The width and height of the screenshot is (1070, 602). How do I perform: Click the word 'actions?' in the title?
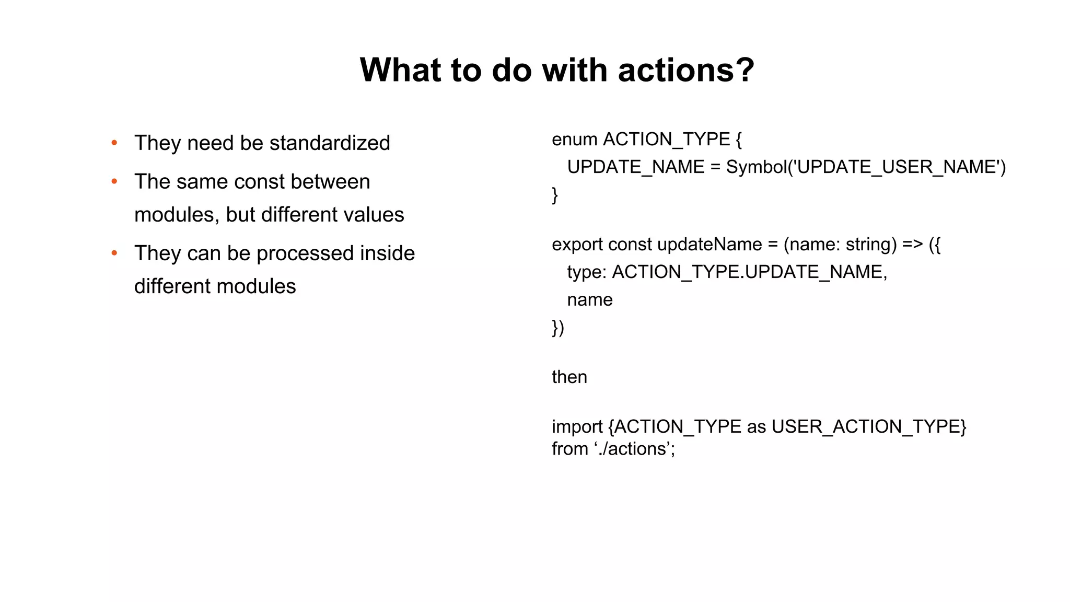tap(686, 70)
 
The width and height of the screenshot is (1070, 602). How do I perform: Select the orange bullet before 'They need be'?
tap(114, 143)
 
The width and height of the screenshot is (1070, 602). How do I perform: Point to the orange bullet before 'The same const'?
tap(114, 182)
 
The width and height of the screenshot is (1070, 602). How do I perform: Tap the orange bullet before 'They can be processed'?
tap(114, 253)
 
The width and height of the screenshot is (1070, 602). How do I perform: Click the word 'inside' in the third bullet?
tap(387, 253)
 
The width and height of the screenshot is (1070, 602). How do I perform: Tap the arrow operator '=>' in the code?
tap(912, 245)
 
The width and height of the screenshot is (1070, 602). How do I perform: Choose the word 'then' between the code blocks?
tap(569, 377)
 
